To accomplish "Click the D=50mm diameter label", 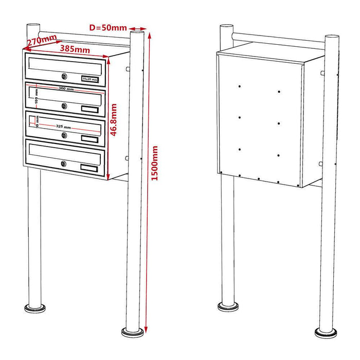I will [x=107, y=27].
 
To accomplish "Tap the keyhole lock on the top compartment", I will [x=64, y=77].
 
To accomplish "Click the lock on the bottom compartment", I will [x=64, y=164].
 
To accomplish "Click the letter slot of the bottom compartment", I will [x=65, y=152].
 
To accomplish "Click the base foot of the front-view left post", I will [x=35, y=309].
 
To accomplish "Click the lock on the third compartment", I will [x=64, y=135].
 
